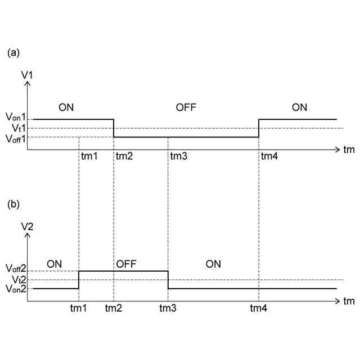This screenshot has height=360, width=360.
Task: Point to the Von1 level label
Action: click(16, 118)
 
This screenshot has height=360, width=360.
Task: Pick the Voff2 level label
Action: click(16, 269)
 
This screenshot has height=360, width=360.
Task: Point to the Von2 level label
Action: click(16, 289)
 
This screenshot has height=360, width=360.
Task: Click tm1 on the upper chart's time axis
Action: click(89, 156)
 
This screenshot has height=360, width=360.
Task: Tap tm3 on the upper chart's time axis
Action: click(178, 156)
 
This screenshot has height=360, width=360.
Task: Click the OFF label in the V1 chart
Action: click(186, 107)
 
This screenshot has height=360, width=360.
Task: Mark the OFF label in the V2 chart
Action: click(126, 263)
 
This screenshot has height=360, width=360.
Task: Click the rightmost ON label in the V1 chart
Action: click(299, 107)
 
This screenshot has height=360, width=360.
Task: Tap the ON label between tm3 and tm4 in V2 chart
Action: click(213, 263)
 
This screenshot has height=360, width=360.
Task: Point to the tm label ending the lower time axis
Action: click(349, 301)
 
